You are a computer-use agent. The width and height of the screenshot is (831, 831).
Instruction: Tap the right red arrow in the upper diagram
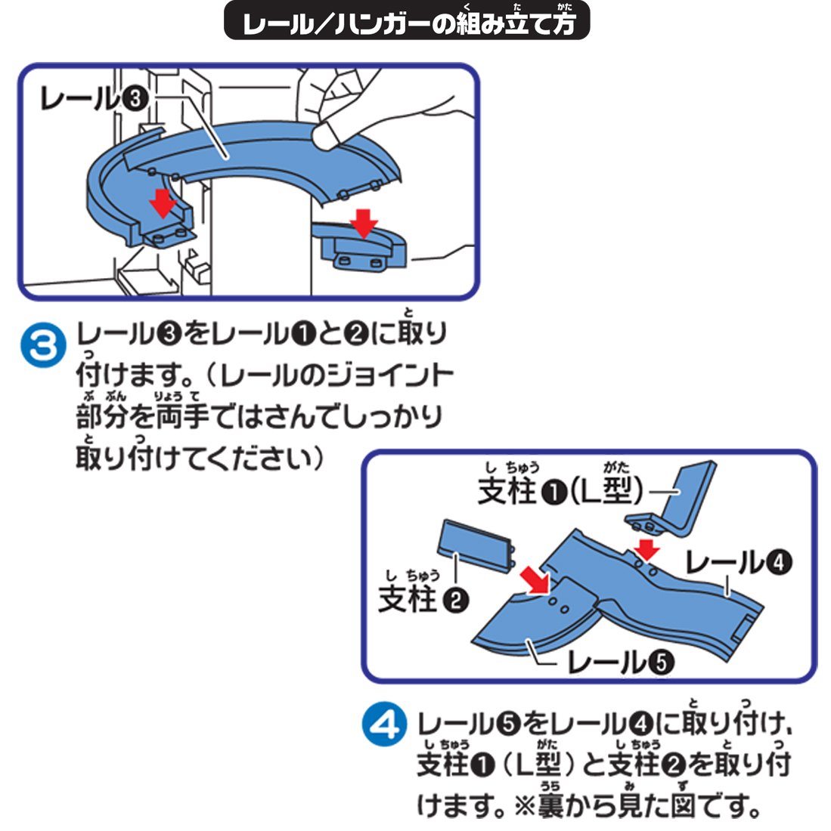pyautogui.click(x=364, y=222)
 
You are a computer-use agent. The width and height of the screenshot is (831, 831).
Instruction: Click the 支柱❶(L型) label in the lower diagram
pyautogui.click(x=560, y=492)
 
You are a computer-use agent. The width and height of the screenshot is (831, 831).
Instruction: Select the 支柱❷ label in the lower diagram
pyautogui.click(x=423, y=600)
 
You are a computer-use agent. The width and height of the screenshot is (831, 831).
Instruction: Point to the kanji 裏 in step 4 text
pyautogui.click(x=552, y=806)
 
